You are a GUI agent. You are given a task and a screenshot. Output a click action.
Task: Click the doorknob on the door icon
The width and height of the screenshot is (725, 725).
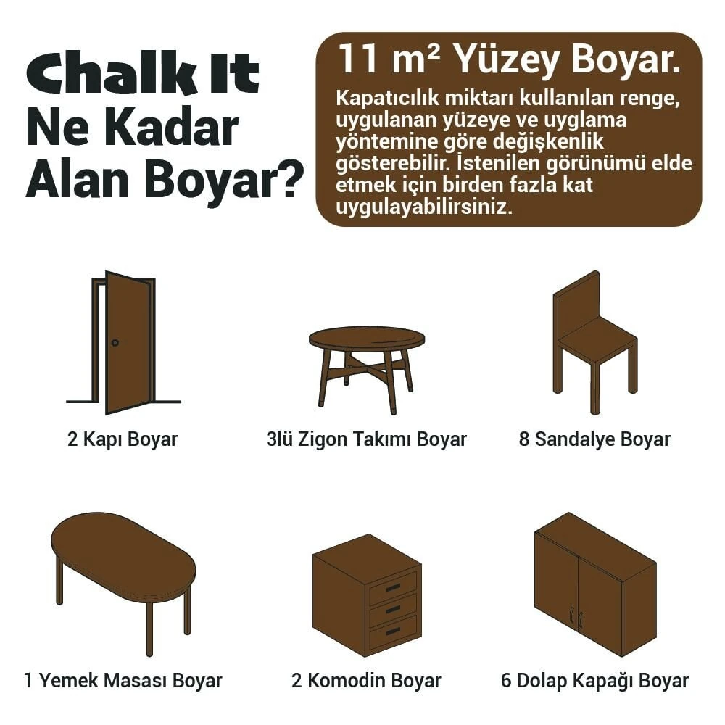pyautogui.click(x=115, y=342)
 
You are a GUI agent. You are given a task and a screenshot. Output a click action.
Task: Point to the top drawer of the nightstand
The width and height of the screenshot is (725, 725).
pyautogui.click(x=393, y=587)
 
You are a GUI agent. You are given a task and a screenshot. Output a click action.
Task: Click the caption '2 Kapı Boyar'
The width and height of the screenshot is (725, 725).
pyautogui.click(x=123, y=439)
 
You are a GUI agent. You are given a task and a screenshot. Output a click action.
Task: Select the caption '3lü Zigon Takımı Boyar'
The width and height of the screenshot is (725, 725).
pyautogui.click(x=367, y=439)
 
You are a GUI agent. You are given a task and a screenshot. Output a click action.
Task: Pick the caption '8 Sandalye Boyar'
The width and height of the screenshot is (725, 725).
pyautogui.click(x=594, y=439)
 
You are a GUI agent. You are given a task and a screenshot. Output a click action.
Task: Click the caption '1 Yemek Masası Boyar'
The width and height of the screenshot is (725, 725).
pyautogui.click(x=123, y=681)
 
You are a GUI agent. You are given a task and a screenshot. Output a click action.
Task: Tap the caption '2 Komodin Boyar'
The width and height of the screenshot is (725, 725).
pyautogui.click(x=366, y=681)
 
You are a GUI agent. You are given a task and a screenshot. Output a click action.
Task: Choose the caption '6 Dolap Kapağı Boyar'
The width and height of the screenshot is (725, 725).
pyautogui.click(x=594, y=681)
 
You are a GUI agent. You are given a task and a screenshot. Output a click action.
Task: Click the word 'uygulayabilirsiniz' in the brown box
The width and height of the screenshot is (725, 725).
pyautogui.click(x=424, y=208)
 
